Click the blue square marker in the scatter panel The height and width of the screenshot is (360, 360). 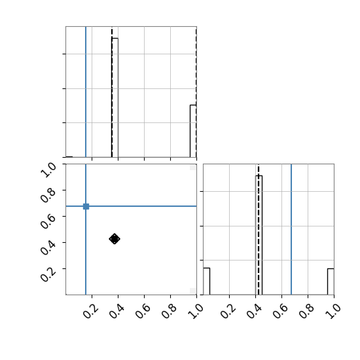tap(86, 206)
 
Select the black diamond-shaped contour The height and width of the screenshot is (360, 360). tap(115, 239)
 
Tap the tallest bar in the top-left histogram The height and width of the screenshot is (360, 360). tap(115, 98)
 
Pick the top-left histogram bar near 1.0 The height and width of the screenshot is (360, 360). tap(193, 131)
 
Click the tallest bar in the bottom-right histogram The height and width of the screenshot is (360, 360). tap(259, 235)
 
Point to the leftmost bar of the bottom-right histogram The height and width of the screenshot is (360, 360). tap(207, 281)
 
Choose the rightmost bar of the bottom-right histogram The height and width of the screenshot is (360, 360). tap(331, 281)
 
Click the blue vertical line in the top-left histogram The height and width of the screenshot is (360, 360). tap(86, 92)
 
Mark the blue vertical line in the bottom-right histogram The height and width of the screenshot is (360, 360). tap(291, 229)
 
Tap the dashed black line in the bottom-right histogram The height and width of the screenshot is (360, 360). tap(259, 229)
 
